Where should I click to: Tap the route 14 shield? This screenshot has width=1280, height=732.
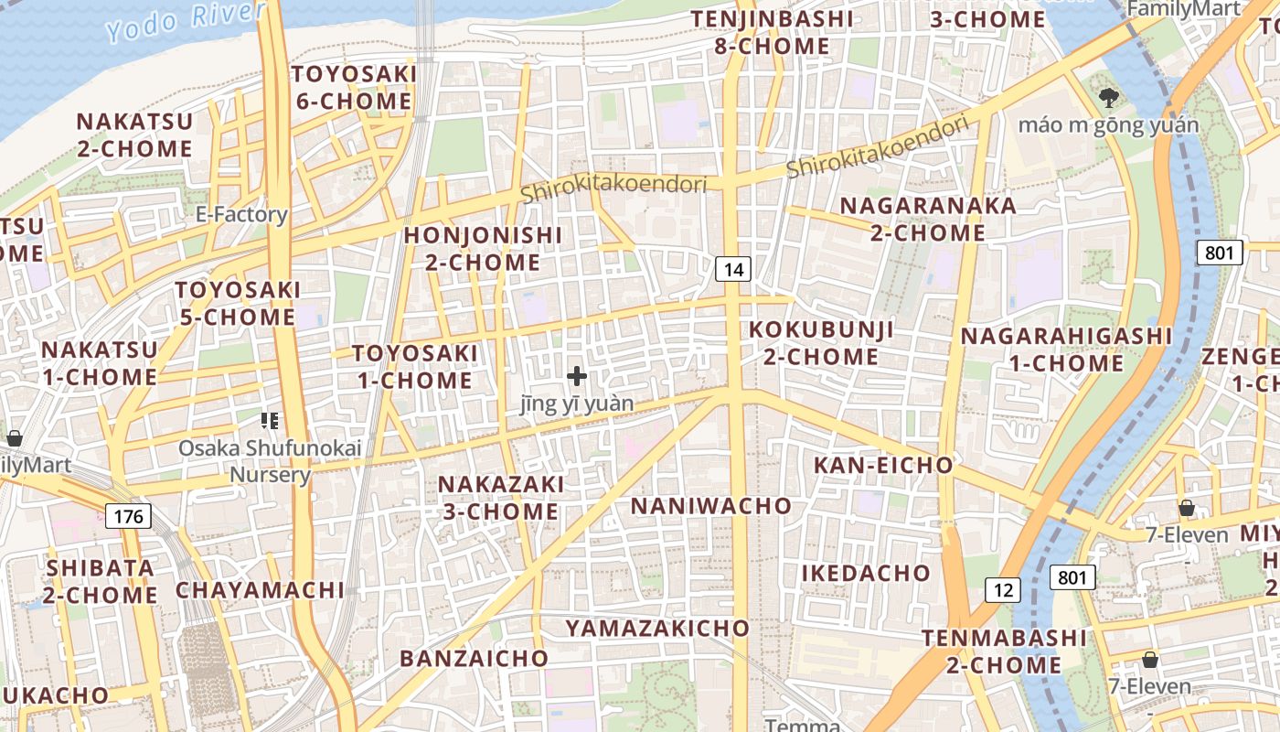(733, 269)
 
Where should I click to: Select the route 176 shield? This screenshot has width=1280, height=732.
(128, 516)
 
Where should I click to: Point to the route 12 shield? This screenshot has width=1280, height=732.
(1003, 590)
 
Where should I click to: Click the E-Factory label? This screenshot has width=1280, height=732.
(241, 215)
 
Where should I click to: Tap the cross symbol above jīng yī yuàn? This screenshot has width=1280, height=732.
(577, 376)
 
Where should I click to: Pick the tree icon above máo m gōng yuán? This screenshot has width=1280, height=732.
(1109, 96)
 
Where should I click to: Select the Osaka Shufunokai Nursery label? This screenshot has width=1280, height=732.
(270, 461)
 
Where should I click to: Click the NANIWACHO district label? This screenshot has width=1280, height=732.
(711, 506)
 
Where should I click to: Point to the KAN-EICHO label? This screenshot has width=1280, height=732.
(883, 466)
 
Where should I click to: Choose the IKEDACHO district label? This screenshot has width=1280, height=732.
(866, 574)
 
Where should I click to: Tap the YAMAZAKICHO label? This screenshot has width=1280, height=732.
(657, 629)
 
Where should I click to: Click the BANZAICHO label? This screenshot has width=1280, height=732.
(474, 659)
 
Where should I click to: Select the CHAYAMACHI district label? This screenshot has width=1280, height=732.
(260, 590)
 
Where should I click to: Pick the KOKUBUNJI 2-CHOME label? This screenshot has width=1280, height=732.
(821, 343)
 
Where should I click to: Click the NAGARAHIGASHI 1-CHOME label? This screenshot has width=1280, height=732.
(1066, 350)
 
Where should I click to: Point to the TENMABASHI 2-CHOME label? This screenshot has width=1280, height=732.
(1004, 651)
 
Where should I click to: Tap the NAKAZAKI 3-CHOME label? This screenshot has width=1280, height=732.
(500, 498)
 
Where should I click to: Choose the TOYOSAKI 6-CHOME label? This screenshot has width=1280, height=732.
(355, 87)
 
